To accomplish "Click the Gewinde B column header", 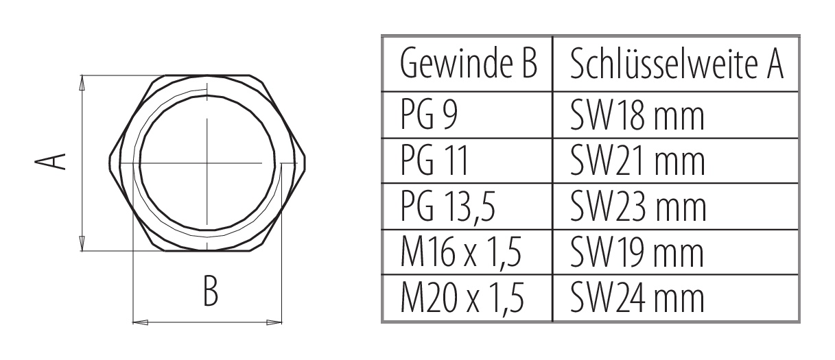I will [x=467, y=65].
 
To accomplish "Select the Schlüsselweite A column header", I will [x=677, y=65].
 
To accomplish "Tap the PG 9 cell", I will [x=432, y=117].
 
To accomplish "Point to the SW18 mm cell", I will [x=637, y=117].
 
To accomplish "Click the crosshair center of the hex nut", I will [x=207, y=163].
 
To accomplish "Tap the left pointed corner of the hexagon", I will [x=109, y=163].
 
